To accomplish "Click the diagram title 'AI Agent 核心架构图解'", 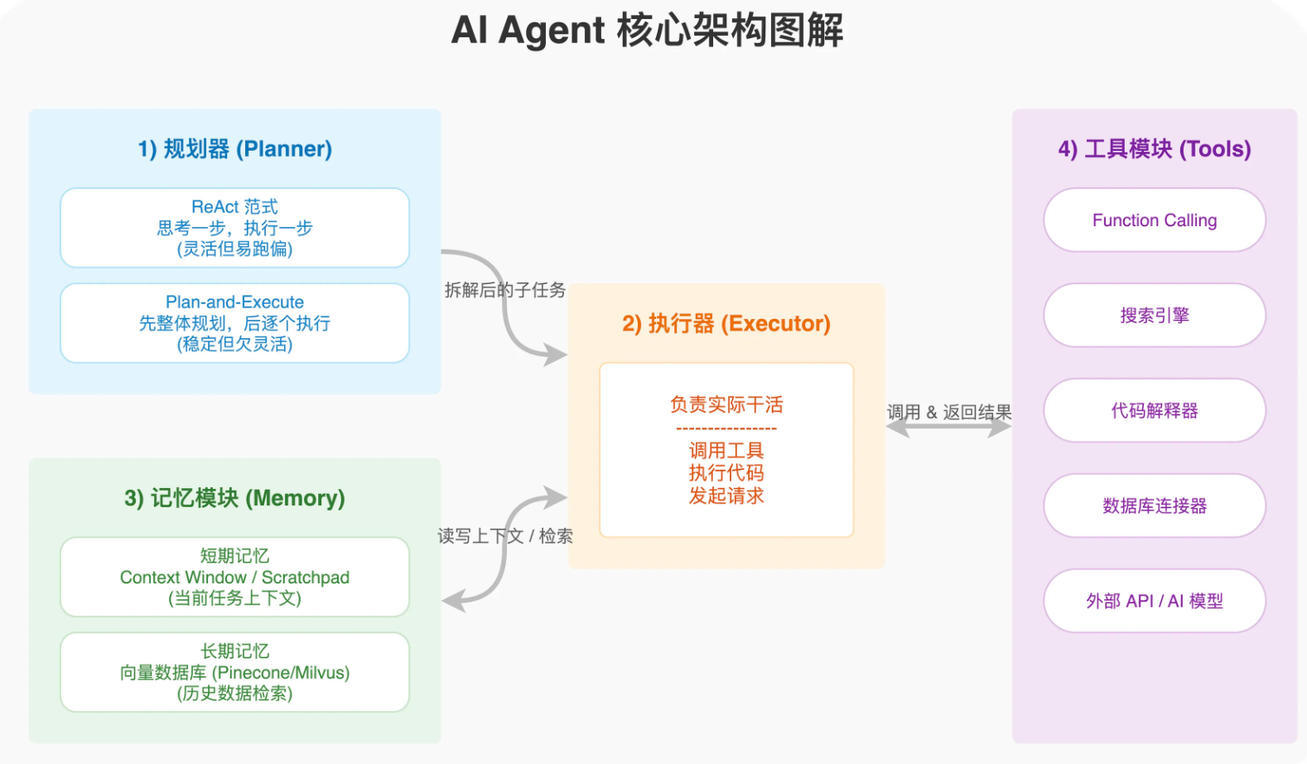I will (x=647, y=31).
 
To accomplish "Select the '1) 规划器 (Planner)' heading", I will (x=234, y=149).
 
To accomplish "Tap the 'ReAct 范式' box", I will (x=234, y=228).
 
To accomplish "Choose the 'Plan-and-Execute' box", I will (x=234, y=323).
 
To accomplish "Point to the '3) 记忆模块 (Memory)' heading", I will (x=234, y=498).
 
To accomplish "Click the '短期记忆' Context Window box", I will (x=234, y=577).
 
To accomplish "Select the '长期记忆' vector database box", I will (x=234, y=672).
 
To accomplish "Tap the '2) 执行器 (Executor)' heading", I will (x=726, y=323).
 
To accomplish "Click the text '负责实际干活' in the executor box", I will (x=726, y=404).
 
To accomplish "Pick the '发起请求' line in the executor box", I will (x=726, y=496).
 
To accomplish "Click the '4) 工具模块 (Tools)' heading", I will (x=1154, y=149).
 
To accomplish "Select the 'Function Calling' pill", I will (x=1154, y=220).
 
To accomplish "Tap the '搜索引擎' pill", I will (x=1154, y=316).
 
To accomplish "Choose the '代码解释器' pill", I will (x=1154, y=411).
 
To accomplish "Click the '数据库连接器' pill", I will (x=1154, y=506).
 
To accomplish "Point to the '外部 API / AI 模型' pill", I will (x=1154, y=602).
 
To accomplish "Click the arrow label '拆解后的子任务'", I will (x=504, y=290).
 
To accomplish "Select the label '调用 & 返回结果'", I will (x=949, y=412).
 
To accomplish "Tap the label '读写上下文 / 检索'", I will (x=504, y=536).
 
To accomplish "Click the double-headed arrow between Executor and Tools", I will (x=949, y=428).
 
